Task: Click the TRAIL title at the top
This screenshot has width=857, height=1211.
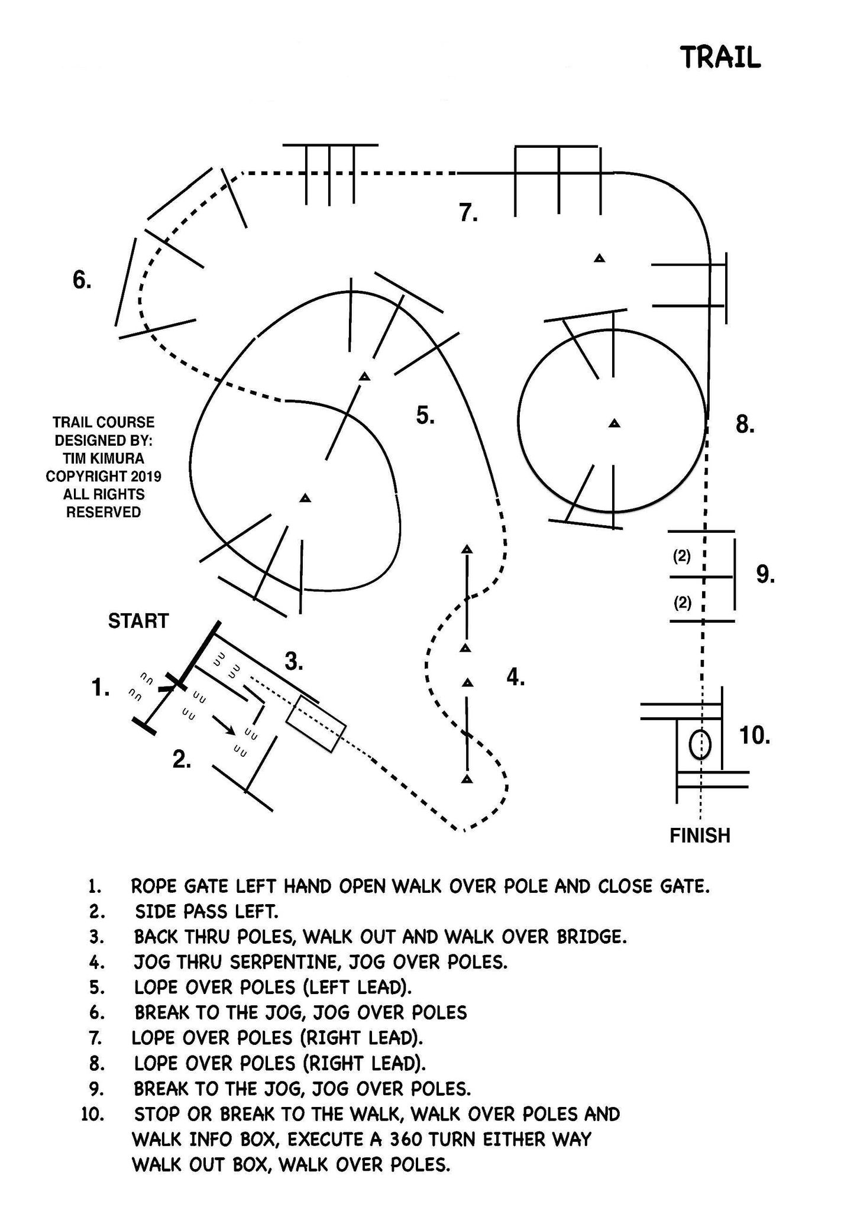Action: [720, 57]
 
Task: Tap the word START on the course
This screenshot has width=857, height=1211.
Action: [138, 621]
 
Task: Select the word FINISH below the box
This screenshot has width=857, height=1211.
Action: [700, 836]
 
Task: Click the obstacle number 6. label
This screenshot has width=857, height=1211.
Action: [82, 279]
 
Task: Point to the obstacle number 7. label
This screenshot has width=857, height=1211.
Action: [468, 212]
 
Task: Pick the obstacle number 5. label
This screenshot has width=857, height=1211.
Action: [425, 416]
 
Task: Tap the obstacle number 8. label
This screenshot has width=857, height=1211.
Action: [745, 425]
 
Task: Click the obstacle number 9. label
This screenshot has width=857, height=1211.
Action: [765, 574]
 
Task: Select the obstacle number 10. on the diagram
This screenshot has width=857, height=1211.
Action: [754, 736]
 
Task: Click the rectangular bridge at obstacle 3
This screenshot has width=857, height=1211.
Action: [316, 724]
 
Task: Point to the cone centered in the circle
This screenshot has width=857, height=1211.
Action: [615, 423]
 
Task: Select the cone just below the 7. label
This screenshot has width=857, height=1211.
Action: [600, 258]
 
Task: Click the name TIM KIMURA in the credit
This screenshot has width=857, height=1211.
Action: [104, 458]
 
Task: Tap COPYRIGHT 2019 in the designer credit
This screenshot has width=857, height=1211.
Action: [104, 476]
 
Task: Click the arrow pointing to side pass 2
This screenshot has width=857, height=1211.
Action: [222, 726]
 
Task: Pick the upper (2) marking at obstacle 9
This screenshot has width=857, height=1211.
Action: [682, 556]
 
